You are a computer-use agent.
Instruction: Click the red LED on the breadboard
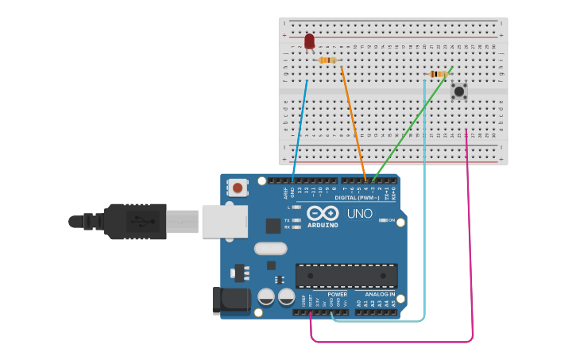(309, 41)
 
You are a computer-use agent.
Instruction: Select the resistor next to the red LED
(327, 60)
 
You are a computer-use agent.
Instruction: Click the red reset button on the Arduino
(238, 188)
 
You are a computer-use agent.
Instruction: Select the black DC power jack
(230, 300)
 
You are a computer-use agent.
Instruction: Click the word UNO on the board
(359, 214)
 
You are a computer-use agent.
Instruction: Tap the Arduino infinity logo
(323, 213)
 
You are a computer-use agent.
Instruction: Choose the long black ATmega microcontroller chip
(346, 276)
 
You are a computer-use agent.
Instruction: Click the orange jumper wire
(354, 123)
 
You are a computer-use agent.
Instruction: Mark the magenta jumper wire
(470, 238)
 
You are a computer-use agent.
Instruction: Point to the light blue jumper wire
(425, 199)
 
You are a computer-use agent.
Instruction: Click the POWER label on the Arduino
(337, 294)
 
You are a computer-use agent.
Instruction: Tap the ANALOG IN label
(380, 294)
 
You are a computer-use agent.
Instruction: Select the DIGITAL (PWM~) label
(357, 197)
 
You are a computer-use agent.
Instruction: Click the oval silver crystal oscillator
(271, 248)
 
